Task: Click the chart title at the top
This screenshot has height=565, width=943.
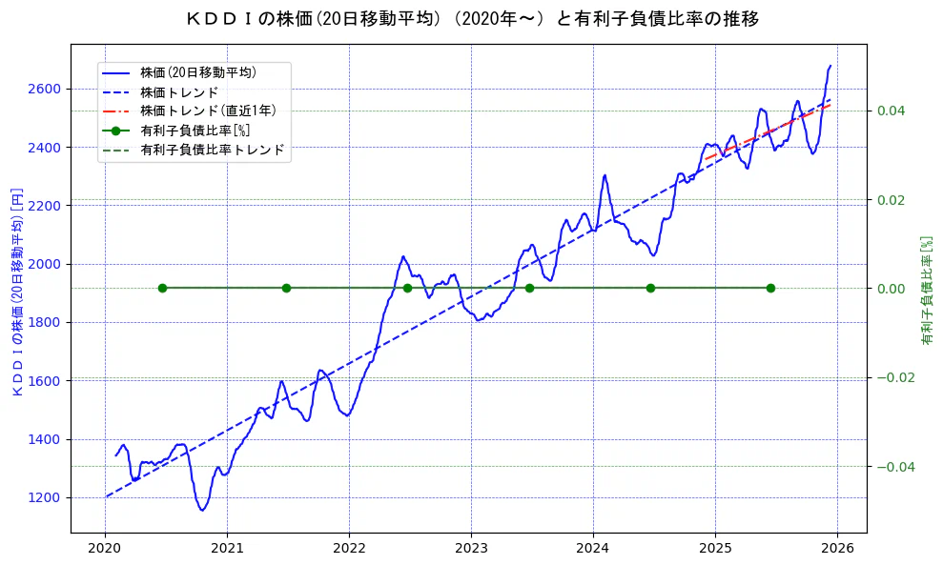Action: (471, 18)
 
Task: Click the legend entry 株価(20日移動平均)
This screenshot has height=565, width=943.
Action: (198, 71)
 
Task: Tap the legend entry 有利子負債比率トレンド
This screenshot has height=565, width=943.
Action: (212, 150)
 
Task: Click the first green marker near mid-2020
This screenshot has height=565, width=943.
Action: (162, 288)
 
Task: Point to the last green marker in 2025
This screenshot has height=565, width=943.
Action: (770, 288)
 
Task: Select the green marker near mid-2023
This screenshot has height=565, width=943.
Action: (529, 288)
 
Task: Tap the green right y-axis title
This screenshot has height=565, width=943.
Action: (926, 291)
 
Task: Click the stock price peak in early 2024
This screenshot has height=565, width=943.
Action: (605, 175)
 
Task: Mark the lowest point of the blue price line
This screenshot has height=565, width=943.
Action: (202, 510)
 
